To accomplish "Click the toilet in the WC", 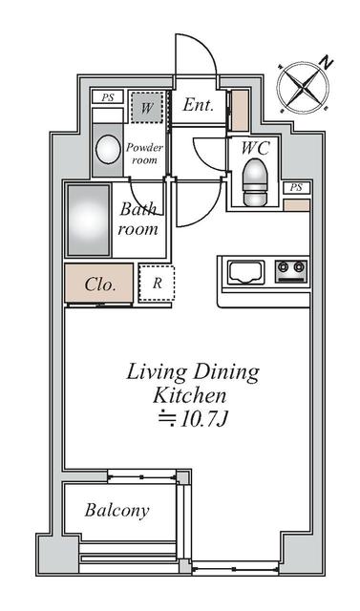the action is point(255,181).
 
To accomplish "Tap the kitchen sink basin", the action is point(245,272).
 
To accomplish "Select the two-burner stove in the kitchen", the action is point(291,271).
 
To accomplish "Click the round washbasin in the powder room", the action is point(108,150).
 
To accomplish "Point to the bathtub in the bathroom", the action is point(89,220).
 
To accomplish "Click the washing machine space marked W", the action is point(146,107).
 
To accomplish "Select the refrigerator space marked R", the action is point(157,283).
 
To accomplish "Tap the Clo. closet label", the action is point(100,284).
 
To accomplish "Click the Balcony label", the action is point(116,511).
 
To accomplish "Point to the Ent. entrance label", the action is point(199,105).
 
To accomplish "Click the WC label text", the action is point(256,148).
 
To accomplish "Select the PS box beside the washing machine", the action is point(108,97).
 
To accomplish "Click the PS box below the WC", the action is point(296,187).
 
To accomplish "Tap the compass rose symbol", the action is point(303,87).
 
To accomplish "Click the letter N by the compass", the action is point(326,61).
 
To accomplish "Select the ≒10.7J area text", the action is point(193,419).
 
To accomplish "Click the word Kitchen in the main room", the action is point(190,395).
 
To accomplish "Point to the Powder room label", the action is point(144,154).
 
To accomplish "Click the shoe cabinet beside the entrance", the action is point(240,111).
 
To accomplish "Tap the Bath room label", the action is point(138,219).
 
